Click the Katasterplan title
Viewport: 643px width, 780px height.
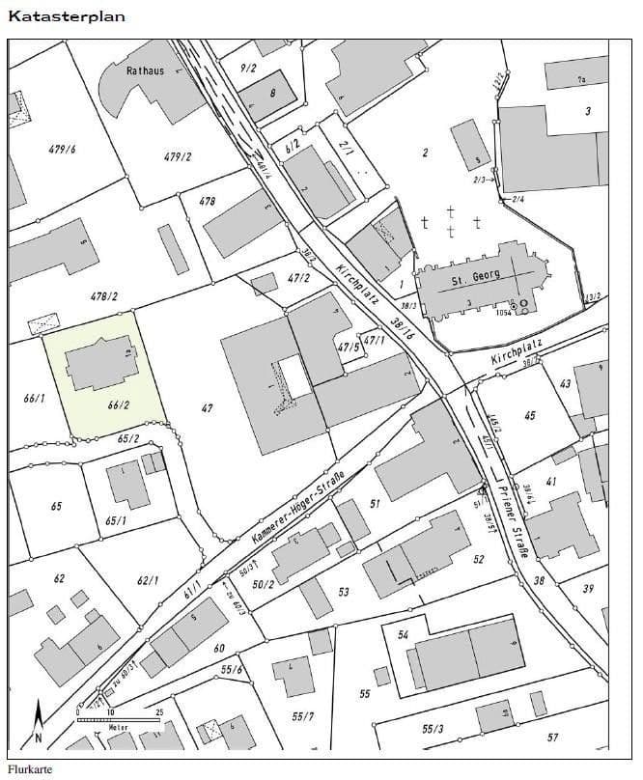coord(67,15)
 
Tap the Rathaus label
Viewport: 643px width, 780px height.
coord(145,70)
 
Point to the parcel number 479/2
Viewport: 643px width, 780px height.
coord(178,156)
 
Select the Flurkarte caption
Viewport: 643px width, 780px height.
coord(29,769)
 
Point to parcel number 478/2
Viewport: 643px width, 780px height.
coord(103,296)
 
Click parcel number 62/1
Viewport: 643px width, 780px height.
coord(148,580)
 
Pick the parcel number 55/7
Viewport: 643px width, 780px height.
coord(302,715)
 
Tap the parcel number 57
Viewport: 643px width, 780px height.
coord(552,737)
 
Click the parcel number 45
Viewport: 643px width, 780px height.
coord(529,415)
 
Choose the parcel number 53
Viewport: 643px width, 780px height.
coord(343,591)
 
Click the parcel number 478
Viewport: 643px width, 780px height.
coord(207,202)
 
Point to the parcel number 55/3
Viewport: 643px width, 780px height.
coord(432,727)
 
